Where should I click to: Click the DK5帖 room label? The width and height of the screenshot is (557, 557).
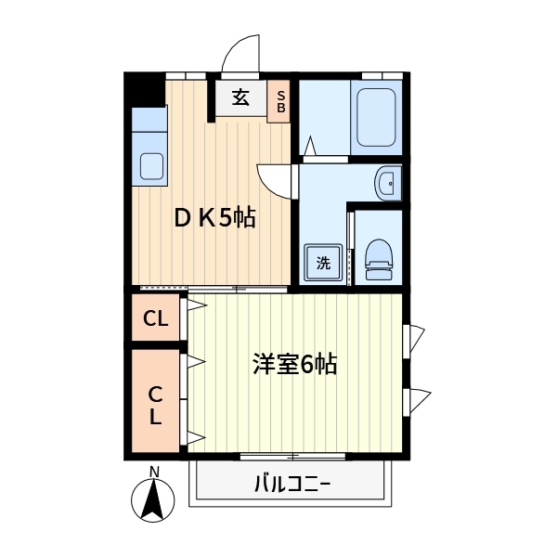click(x=216, y=218)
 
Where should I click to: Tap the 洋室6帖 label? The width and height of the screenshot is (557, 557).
click(x=293, y=364)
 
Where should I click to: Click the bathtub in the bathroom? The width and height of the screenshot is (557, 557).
click(x=377, y=116)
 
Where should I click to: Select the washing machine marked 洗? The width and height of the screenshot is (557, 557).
click(x=323, y=263)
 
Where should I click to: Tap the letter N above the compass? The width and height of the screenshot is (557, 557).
click(x=155, y=472)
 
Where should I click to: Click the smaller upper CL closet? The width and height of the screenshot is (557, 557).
click(x=156, y=319)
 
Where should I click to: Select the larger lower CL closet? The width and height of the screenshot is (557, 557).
click(x=156, y=403)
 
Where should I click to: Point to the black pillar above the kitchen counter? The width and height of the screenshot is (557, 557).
click(x=143, y=90)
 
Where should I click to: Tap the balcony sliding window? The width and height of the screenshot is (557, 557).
click(x=292, y=456)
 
